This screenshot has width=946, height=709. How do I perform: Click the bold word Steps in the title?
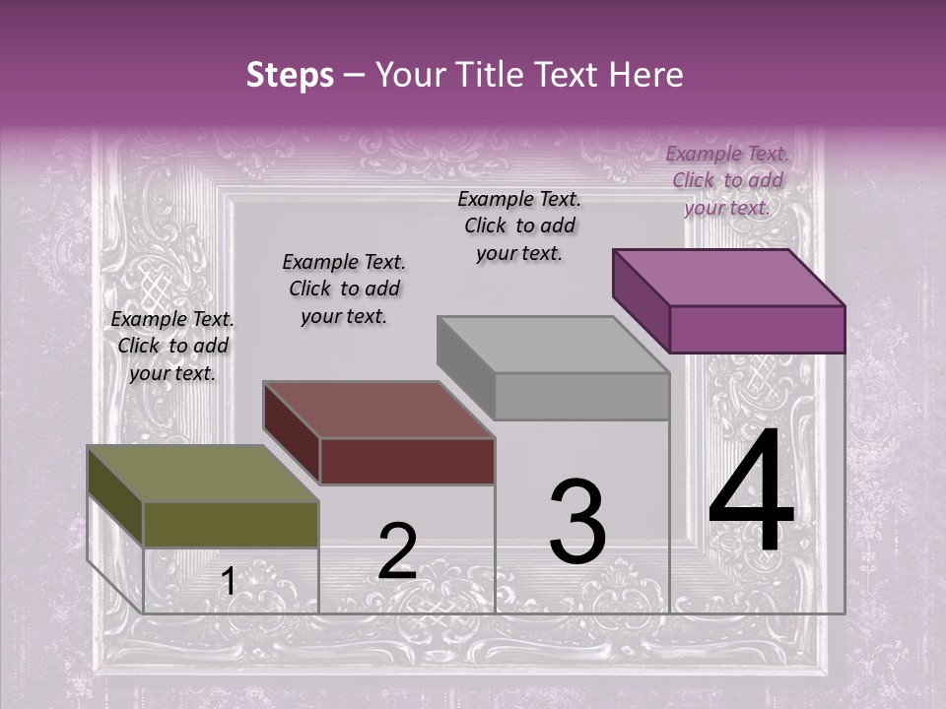[290, 75]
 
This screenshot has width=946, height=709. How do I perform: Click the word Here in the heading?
[646, 75]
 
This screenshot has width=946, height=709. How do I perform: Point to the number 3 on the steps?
[576, 522]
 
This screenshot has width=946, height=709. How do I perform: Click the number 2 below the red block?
[397, 551]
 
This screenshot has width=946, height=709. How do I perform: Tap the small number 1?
[228, 582]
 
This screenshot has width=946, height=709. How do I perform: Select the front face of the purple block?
[757, 329]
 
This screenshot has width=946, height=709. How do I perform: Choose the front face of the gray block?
[581, 397]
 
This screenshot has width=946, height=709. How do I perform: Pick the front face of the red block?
[407, 461]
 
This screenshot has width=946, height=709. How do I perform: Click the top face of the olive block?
[203, 474]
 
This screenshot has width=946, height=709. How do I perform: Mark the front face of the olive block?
[231, 525]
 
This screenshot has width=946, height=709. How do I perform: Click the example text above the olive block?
[172, 346]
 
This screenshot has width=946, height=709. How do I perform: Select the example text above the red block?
[344, 289]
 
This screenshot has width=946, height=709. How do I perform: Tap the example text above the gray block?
[519, 226]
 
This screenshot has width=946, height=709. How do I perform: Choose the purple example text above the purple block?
[727, 180]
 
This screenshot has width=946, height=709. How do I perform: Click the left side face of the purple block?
[642, 299]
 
